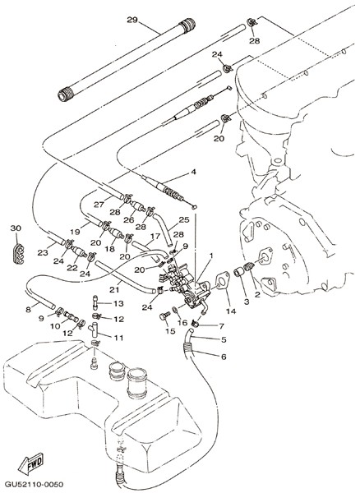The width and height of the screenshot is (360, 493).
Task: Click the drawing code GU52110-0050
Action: pyautogui.click(x=34, y=484)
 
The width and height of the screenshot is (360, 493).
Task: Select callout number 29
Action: pyautogui.click(x=132, y=20)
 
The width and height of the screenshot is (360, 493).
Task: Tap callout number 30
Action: pyautogui.click(x=16, y=228)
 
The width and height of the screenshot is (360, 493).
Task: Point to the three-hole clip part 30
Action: pyautogui.click(x=19, y=253)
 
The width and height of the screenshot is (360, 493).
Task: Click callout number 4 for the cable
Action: pyautogui.click(x=194, y=172)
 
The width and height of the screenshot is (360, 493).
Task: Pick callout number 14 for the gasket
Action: pyautogui.click(x=231, y=311)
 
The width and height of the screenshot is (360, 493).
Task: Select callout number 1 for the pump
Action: pyautogui.click(x=211, y=256)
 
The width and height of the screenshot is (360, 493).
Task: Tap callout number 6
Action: pyautogui.click(x=224, y=357)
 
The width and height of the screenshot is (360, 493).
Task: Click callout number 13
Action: pyautogui.click(x=118, y=304)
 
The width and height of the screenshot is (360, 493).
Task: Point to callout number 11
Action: pyautogui.click(x=118, y=338)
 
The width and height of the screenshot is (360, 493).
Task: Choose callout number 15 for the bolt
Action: pyautogui.click(x=170, y=331)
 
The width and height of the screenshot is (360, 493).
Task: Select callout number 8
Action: pyautogui.click(x=28, y=310)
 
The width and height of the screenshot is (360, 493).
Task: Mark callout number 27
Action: pyautogui.click(x=99, y=205)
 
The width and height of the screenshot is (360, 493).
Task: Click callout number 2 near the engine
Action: pyautogui.click(x=257, y=295)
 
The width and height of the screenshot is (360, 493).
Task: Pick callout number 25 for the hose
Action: pyautogui.click(x=184, y=219)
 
